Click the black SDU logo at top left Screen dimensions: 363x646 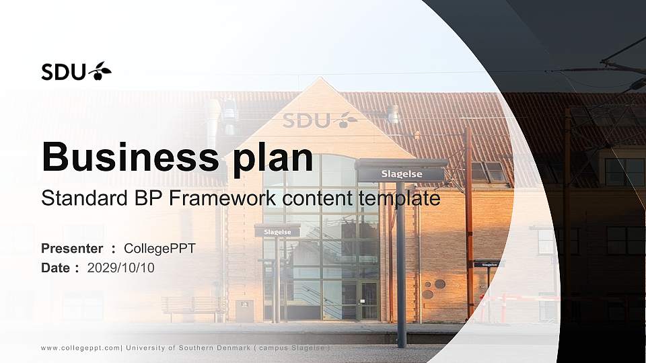tap(76, 71)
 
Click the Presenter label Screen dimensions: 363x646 tap(72, 249)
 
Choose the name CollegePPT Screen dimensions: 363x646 tap(159, 249)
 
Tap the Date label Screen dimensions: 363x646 tap(56, 268)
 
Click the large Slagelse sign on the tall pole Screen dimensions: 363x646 tap(402, 174)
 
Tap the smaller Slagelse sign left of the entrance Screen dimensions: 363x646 tap(277, 232)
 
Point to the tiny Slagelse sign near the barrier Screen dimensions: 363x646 tap(489, 265)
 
